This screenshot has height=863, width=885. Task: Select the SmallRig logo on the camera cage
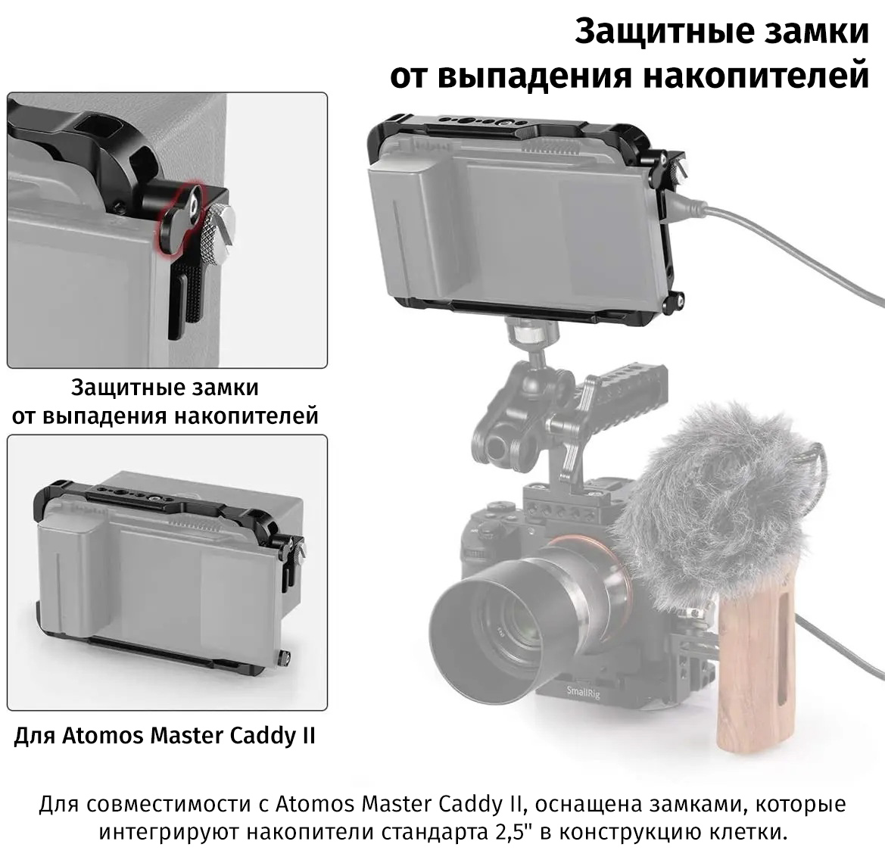click(x=583, y=692)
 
